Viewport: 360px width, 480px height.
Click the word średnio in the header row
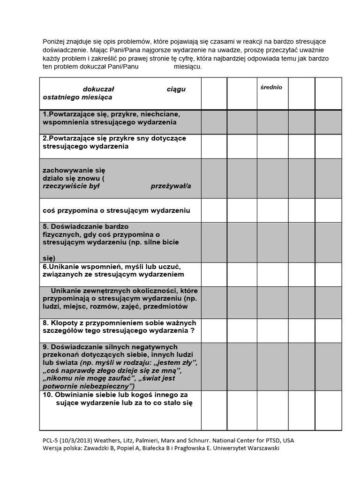(x=271, y=88)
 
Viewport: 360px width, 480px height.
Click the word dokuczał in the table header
(x=99, y=89)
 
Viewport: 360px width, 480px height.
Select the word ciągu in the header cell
(x=176, y=90)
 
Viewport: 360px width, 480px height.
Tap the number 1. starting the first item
(x=45, y=114)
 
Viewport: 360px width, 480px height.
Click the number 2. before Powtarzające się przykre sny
(x=45, y=138)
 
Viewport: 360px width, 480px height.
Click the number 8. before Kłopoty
(x=45, y=323)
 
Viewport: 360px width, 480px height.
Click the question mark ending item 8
(x=193, y=331)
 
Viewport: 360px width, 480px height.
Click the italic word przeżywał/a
(x=171, y=186)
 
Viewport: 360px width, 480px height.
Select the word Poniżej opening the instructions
(x=55, y=42)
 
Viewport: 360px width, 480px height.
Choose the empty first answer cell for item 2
(x=214, y=146)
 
